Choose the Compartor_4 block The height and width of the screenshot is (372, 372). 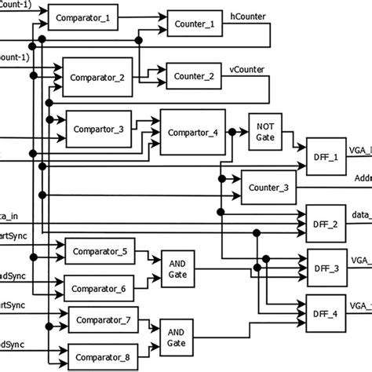[x=192, y=133]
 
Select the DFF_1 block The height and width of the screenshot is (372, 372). [x=324, y=158]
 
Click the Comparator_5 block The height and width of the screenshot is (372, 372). [x=100, y=252]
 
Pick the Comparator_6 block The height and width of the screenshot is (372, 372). [x=100, y=289]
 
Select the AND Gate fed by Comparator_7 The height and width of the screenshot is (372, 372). [x=177, y=337]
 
